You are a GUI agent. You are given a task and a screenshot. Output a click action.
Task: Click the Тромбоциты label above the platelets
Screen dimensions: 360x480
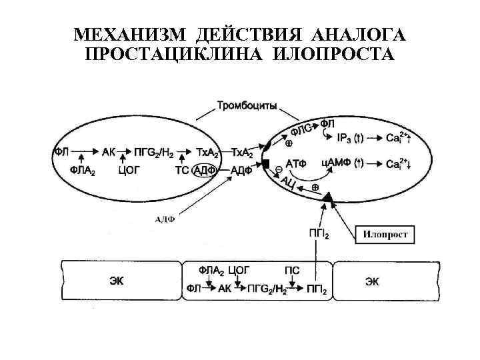pyautogui.click(x=247, y=105)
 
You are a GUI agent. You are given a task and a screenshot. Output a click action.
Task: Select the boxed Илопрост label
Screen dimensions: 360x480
pyautogui.click(x=389, y=234)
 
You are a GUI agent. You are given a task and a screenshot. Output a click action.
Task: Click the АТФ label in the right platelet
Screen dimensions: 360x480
pyautogui.click(x=297, y=163)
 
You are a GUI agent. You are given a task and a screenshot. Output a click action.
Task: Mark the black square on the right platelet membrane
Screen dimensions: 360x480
pyautogui.click(x=265, y=164)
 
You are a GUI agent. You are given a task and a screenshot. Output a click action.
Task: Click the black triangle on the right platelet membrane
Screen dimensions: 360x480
pyautogui.click(x=327, y=198)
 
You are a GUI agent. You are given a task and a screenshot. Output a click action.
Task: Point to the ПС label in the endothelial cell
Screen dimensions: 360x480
pyautogui.click(x=292, y=270)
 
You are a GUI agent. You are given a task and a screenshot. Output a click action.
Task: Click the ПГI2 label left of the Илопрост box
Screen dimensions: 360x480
pyautogui.click(x=318, y=233)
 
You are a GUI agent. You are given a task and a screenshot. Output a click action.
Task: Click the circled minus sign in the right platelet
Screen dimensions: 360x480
pyautogui.click(x=278, y=171)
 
